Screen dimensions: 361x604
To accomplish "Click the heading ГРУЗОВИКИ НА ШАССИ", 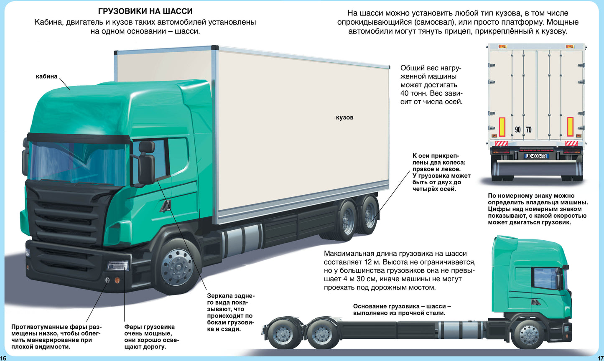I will click(145, 11).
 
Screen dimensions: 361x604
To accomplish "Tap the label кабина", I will click(46, 76).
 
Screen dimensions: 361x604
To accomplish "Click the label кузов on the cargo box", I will click(344, 117).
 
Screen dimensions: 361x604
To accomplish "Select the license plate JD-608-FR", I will click(536, 156).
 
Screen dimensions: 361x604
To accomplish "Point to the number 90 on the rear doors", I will click(518, 130).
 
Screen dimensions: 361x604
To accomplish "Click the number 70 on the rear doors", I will click(529, 130).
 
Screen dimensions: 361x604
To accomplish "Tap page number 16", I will click(3, 358).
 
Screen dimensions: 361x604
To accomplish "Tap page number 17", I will click(600, 358).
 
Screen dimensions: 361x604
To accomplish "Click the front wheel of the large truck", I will click(177, 267).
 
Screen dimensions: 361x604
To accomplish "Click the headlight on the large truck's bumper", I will click(117, 265).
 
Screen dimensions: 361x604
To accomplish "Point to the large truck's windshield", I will click(77, 163).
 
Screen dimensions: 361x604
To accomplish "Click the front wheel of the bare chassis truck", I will click(529, 334).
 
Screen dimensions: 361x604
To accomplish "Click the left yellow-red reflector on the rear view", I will click(502, 127).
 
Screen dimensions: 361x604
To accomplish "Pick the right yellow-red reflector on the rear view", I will click(570, 127).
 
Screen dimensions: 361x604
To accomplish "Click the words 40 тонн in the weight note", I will click(414, 93).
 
